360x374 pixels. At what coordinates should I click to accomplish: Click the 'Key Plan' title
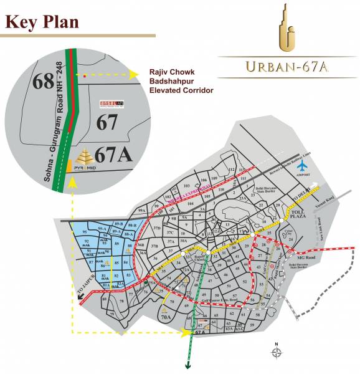pos(42,22)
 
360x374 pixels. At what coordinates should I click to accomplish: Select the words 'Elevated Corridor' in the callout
pos(181,90)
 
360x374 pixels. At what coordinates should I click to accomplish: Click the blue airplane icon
pos(303,167)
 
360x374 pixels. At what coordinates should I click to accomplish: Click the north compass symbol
pos(277,353)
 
